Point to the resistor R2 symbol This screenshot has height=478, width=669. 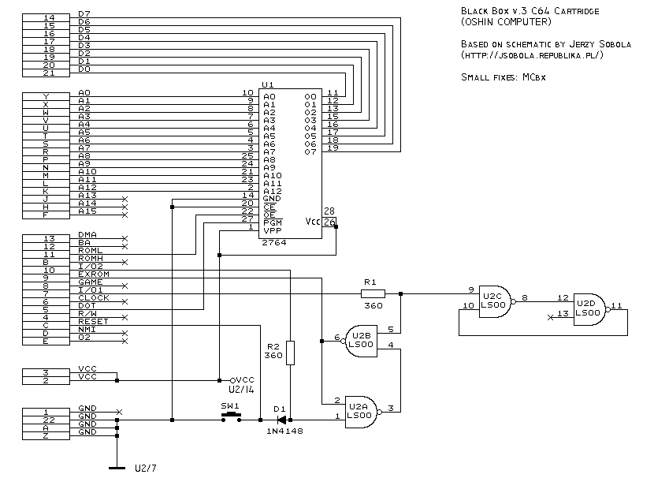click(x=290, y=353)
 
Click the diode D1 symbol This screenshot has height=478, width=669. click(x=280, y=420)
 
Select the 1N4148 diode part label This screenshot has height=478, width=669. click(x=284, y=431)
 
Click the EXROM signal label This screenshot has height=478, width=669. click(x=93, y=274)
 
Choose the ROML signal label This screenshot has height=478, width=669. click(x=90, y=251)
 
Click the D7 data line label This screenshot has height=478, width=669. click(x=84, y=14)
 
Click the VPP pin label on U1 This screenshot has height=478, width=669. click(x=272, y=230)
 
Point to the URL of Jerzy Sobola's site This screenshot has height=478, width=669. click(x=532, y=56)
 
